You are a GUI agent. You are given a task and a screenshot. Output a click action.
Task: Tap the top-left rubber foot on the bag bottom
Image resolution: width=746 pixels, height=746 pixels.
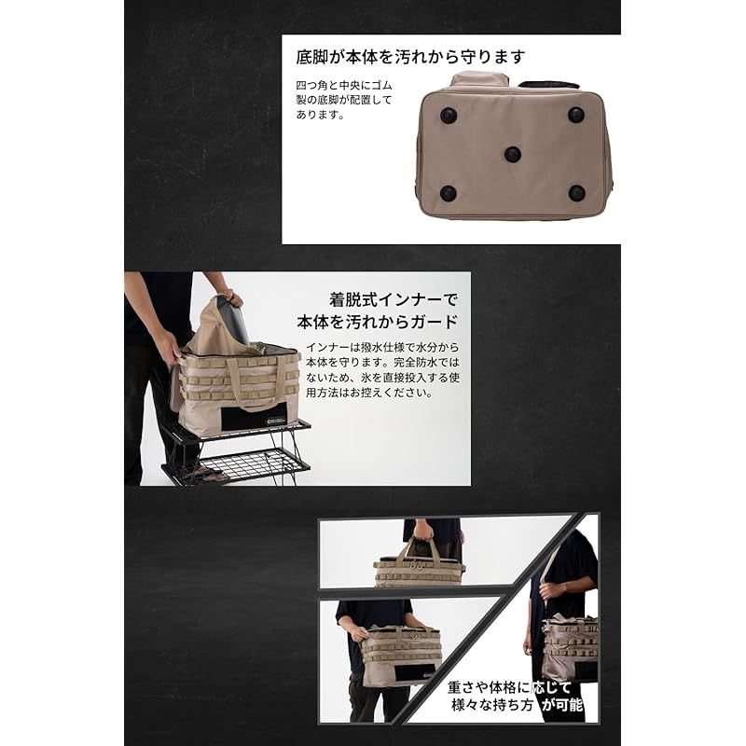coord(449,115)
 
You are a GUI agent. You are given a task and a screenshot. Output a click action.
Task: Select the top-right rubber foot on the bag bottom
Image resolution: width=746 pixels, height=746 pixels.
coord(576,114)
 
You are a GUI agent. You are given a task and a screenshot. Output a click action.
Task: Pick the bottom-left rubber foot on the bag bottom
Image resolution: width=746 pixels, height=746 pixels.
coord(449,194)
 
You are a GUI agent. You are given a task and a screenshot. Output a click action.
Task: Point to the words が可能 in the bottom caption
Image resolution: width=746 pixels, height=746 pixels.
coord(564,707)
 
